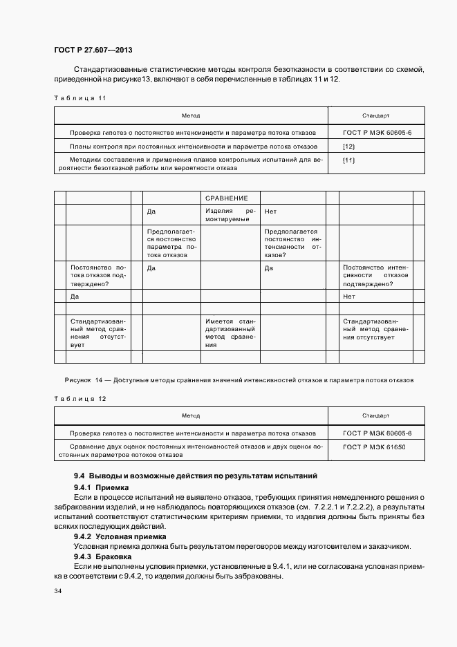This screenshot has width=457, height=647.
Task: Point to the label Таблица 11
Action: click(80, 98)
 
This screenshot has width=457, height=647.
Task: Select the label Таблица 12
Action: click(80, 399)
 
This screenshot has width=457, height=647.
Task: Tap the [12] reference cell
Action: click(349, 147)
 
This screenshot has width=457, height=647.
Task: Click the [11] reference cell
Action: click(349, 160)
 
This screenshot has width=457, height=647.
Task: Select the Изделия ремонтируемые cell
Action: click(230, 215)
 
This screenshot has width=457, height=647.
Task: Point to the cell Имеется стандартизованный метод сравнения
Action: click(230, 332)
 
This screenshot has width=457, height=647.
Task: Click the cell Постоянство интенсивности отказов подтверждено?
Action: click(375, 275)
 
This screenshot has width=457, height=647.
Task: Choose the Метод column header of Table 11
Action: click(191, 115)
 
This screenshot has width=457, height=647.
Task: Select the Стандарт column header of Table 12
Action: click(375, 415)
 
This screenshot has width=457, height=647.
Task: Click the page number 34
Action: click(57, 592)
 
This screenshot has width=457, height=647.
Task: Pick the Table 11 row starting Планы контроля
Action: click(194, 147)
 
